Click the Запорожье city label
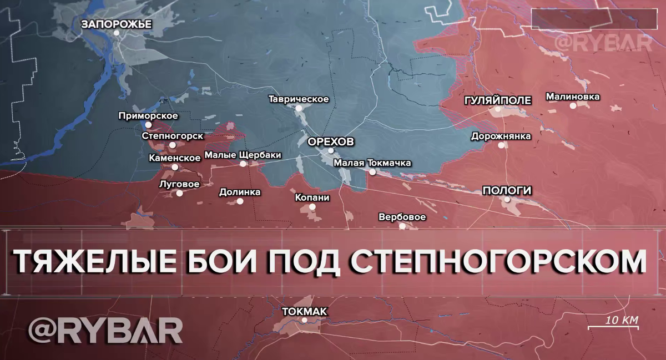(x=108, y=24)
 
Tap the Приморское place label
(x=148, y=116)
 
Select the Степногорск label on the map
(x=173, y=136)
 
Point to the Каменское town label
(x=175, y=158)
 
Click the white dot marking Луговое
(x=179, y=193)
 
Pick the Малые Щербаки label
(x=243, y=155)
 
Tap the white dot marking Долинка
(x=240, y=201)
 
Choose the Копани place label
(x=312, y=197)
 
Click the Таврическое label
(x=299, y=99)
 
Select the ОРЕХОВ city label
(x=330, y=141)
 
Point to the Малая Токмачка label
(x=372, y=163)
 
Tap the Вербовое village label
(x=402, y=217)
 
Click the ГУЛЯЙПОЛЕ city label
(x=498, y=100)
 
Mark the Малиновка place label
(x=573, y=97)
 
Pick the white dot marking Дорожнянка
(x=502, y=145)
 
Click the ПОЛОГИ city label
(x=507, y=191)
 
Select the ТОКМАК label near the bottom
(x=304, y=311)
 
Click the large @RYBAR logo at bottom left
(x=105, y=331)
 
